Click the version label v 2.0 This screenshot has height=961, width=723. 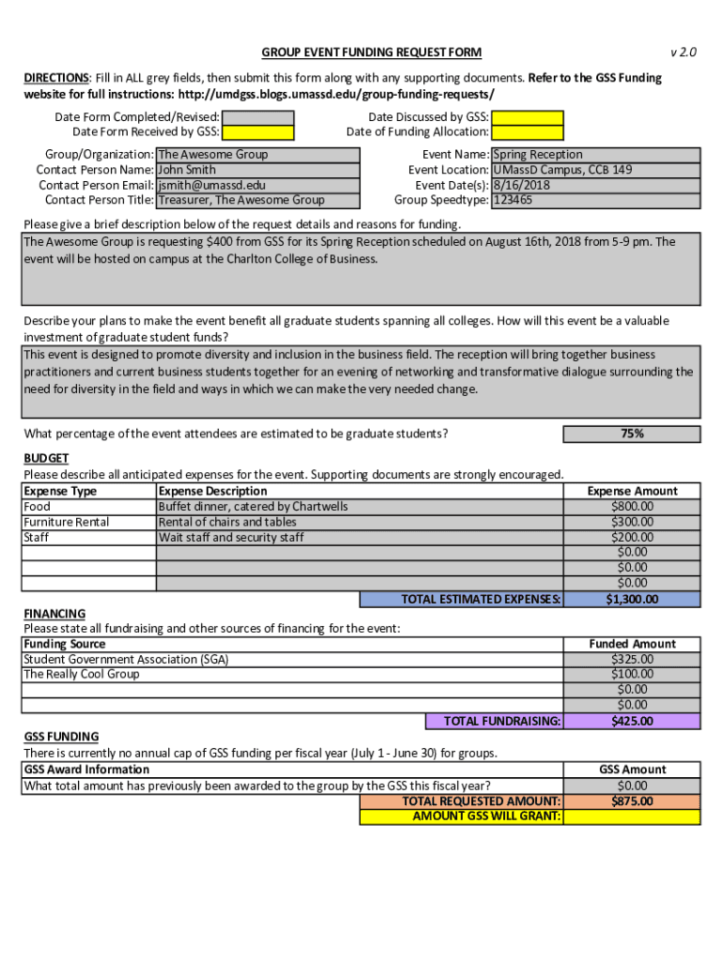683,53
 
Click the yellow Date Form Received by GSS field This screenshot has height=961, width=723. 258,132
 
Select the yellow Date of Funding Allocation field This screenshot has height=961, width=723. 528,132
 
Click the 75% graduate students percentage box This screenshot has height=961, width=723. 632,434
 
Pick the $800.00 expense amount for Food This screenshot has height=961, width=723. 632,507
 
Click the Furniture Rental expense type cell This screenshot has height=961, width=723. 67,522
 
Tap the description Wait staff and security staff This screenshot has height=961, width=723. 231,538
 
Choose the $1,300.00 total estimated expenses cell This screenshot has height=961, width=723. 632,600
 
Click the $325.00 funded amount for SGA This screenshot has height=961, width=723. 632,660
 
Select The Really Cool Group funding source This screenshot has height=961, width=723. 82,675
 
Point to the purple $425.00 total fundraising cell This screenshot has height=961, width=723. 632,721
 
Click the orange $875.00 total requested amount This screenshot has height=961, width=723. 632,801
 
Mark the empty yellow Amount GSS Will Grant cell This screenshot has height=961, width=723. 632,816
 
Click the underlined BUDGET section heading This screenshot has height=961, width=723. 46,458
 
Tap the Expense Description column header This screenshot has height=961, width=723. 213,491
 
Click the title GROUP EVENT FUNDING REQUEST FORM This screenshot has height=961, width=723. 371,53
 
